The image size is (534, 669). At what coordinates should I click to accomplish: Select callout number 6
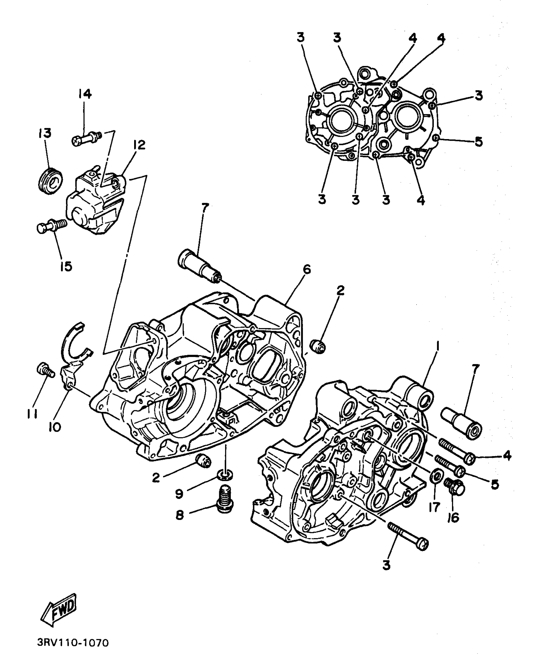[307, 269]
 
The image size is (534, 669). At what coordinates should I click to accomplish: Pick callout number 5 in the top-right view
[479, 142]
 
